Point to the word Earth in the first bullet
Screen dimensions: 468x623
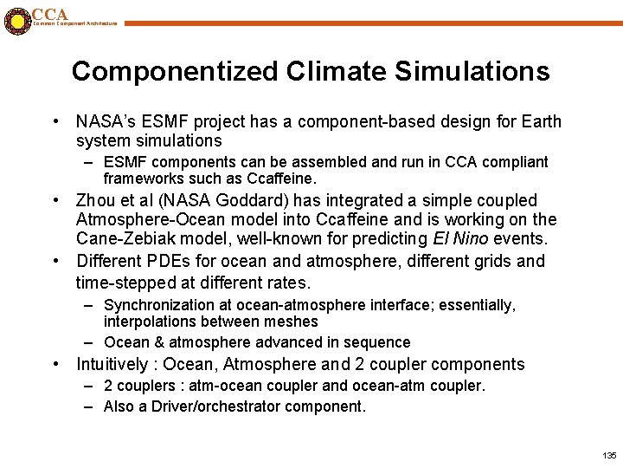[539, 121]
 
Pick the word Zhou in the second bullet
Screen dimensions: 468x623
[97, 200]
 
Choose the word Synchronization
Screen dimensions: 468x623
[161, 305]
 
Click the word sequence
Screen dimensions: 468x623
[376, 342]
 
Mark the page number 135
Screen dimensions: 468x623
[608, 455]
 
